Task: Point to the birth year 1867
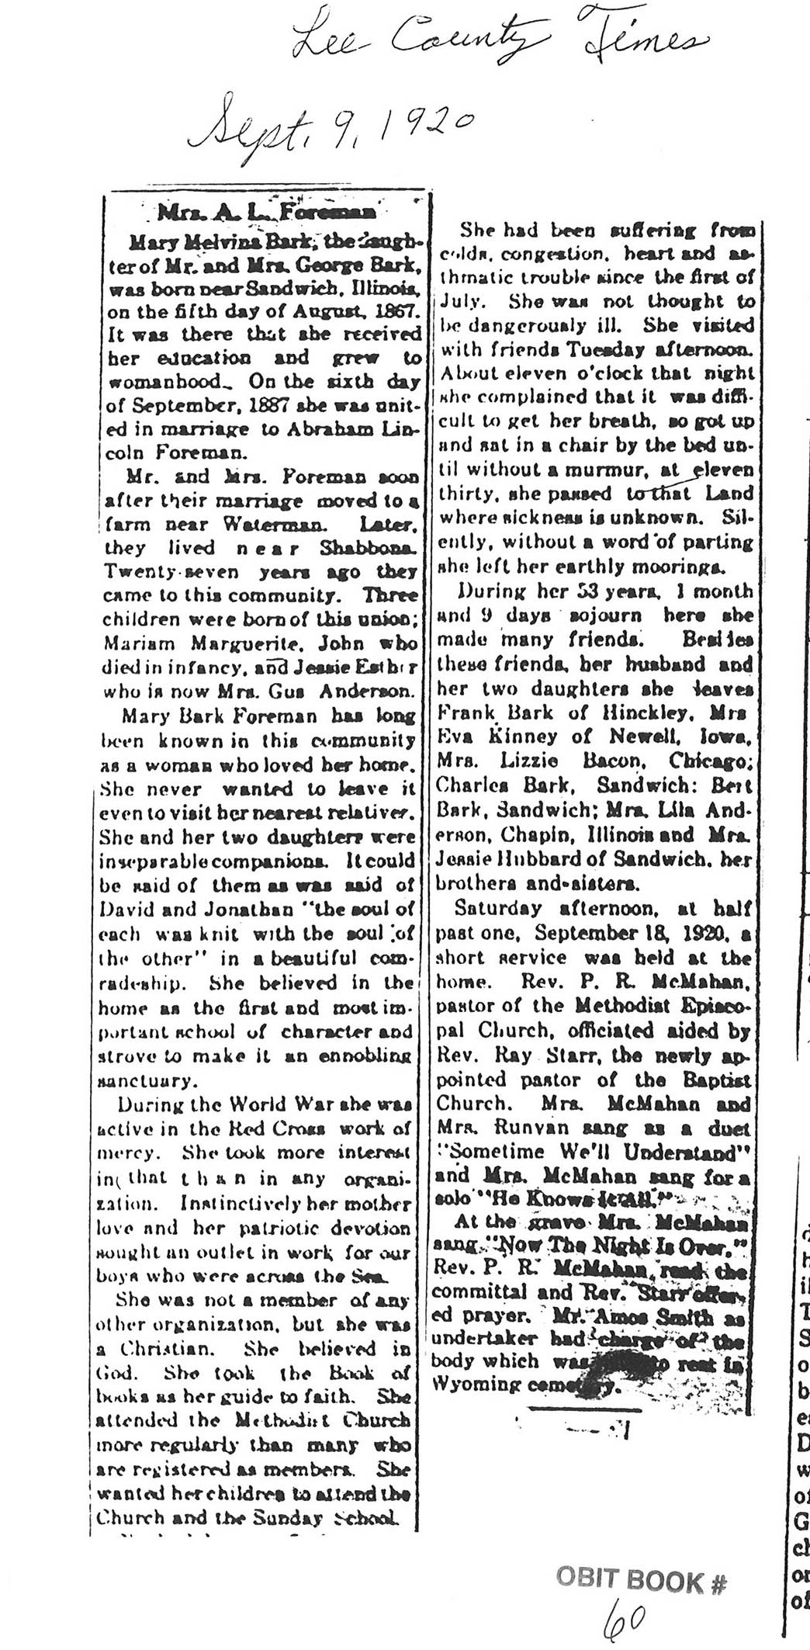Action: point(396,312)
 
